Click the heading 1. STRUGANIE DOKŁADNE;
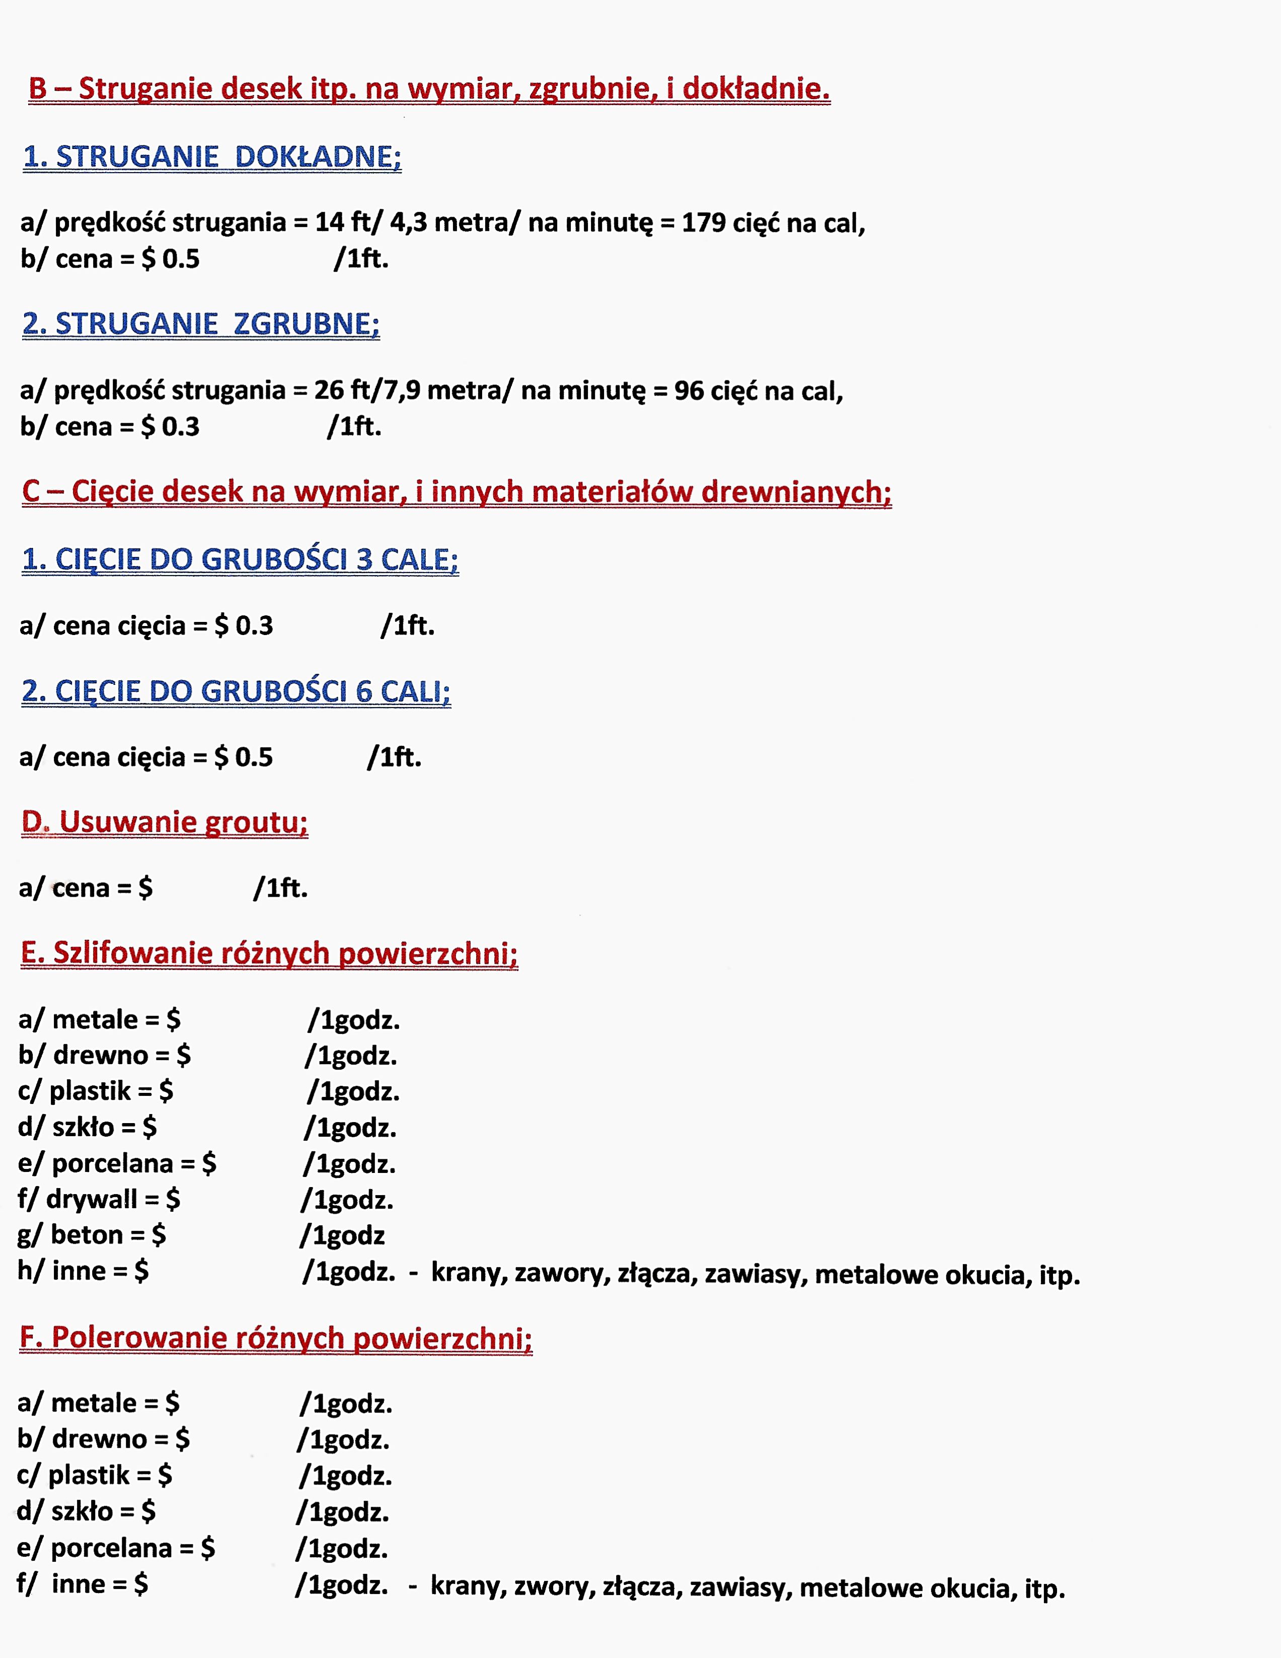(212, 156)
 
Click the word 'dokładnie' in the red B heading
(755, 89)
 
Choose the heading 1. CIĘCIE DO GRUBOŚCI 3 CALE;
(240, 560)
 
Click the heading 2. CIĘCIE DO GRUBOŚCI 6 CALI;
(236, 691)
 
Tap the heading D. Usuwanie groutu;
(165, 822)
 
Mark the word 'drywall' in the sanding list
(92, 1200)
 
